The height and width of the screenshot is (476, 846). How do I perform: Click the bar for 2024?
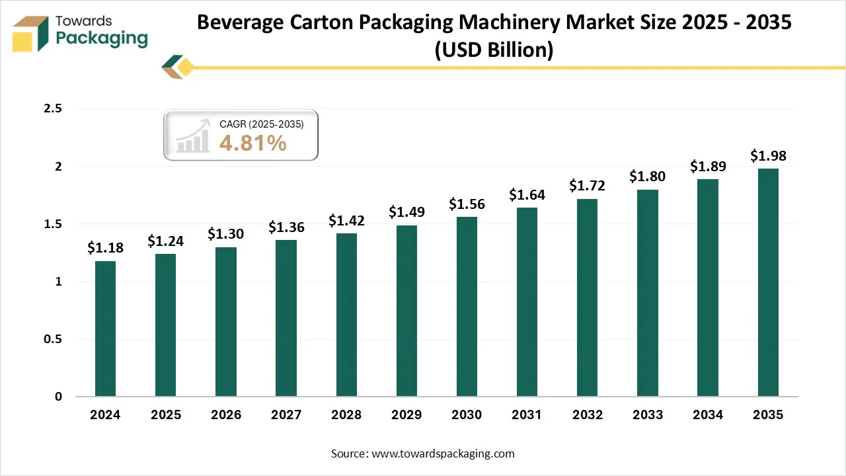click(105, 329)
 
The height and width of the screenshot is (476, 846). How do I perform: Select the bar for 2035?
click(768, 282)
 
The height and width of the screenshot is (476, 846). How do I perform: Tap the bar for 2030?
click(467, 307)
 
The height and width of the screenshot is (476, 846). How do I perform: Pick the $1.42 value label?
click(346, 220)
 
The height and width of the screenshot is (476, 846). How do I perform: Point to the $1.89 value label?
click(707, 166)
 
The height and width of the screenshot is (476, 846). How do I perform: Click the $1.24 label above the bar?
click(165, 241)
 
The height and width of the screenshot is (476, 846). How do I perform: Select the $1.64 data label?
click(527, 194)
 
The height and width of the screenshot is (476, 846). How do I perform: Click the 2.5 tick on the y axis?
click(52, 108)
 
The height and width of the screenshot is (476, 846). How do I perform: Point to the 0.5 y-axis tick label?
click(52, 339)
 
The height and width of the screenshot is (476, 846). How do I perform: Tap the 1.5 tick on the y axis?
click(52, 224)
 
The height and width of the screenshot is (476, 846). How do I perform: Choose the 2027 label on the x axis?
click(286, 415)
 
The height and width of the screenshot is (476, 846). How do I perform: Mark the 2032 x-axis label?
click(587, 415)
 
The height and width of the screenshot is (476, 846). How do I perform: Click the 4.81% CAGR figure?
click(252, 143)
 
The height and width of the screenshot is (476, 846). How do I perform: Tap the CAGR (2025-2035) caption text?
click(261, 124)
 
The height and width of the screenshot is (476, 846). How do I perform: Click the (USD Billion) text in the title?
click(494, 50)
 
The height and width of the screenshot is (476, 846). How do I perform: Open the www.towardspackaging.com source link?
click(442, 454)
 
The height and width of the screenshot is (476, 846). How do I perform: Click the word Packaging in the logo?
click(102, 39)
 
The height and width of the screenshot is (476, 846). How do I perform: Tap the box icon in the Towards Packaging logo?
click(31, 34)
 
